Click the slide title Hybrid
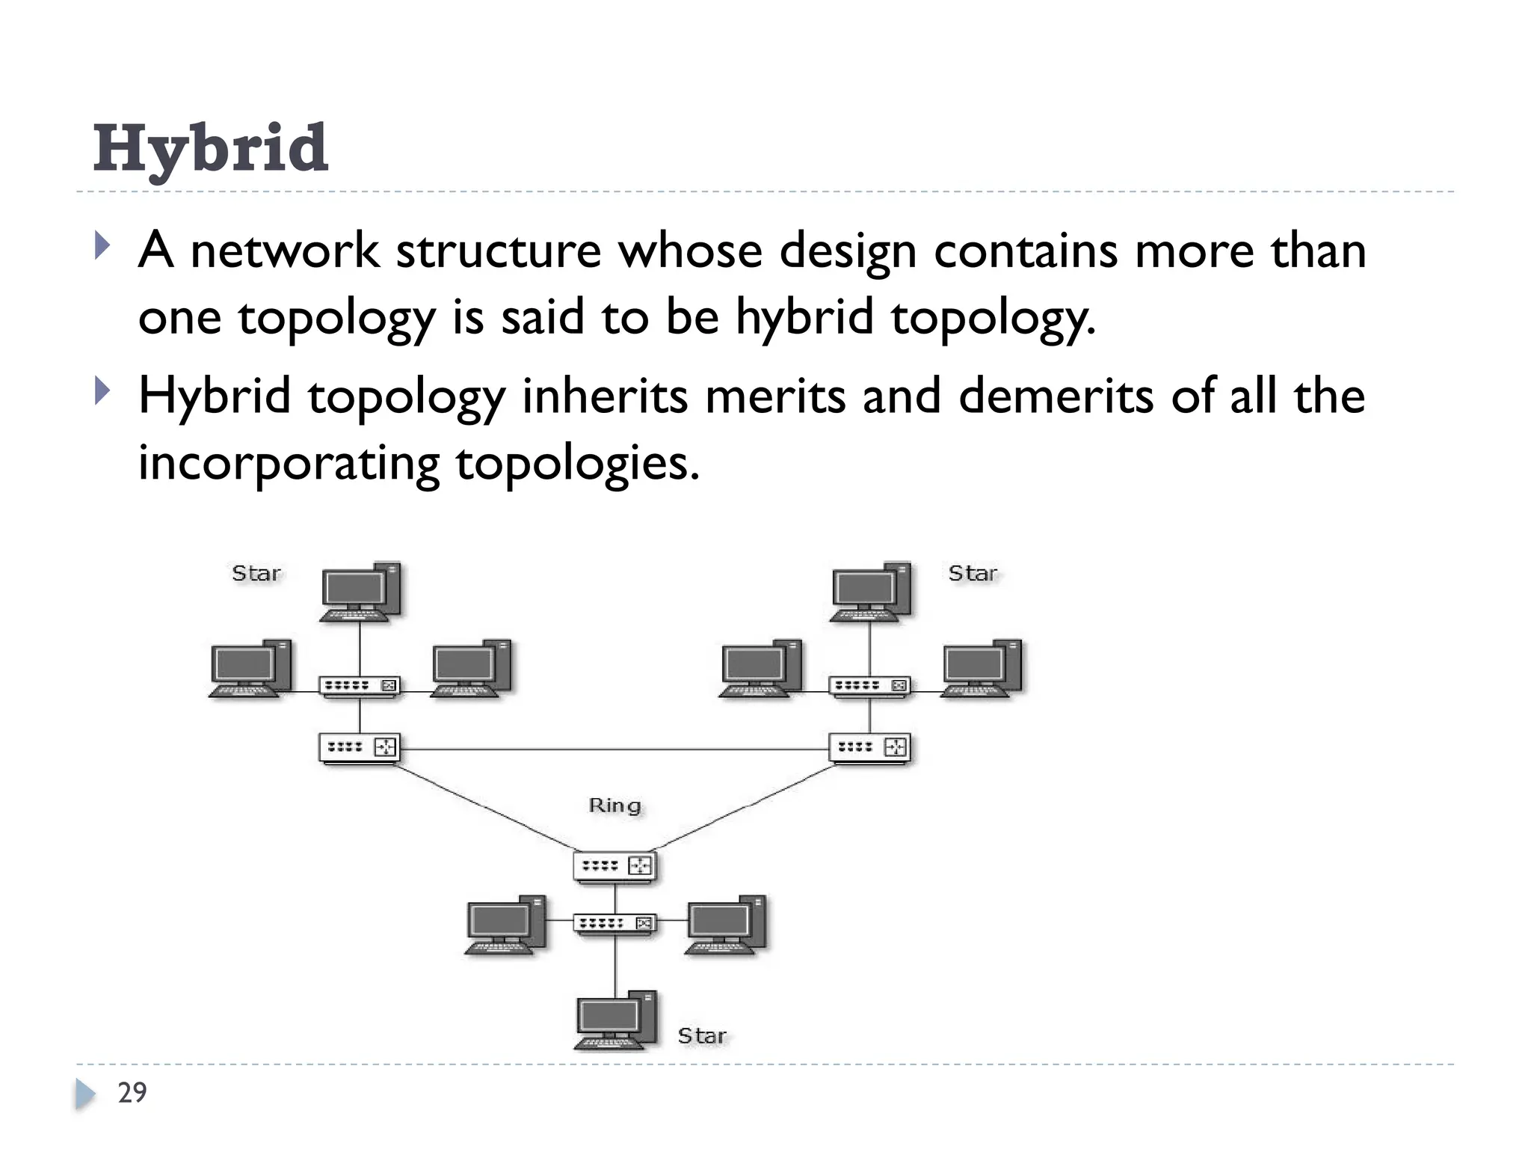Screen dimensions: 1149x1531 pyautogui.click(x=210, y=148)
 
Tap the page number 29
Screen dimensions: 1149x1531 pyautogui.click(x=132, y=1092)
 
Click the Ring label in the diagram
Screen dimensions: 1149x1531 pyautogui.click(x=614, y=806)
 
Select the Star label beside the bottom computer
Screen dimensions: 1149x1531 pyautogui.click(x=701, y=1035)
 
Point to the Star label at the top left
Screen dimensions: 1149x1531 pyautogui.click(x=256, y=573)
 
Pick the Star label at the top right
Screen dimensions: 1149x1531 pyautogui.click(x=972, y=573)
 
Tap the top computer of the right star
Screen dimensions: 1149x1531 pyautogui.click(x=870, y=592)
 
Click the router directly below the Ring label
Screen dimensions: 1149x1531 pyautogui.click(x=615, y=866)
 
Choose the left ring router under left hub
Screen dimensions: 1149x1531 pyautogui.click(x=360, y=747)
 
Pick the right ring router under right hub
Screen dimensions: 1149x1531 pyautogui.click(x=869, y=747)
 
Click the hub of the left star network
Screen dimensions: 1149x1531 pyautogui.click(x=360, y=685)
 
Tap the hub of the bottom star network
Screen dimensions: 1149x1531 pyautogui.click(x=615, y=923)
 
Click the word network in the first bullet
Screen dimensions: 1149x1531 pyautogui.click(x=284, y=250)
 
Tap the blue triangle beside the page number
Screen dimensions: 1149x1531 pyautogui.click(x=84, y=1094)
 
